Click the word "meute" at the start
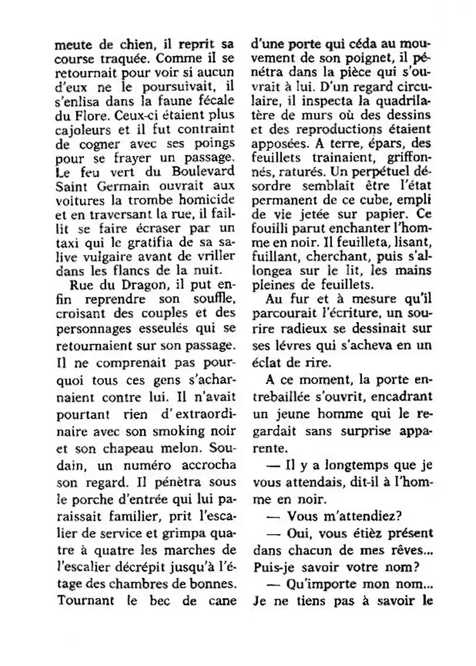(70, 46)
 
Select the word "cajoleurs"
(77, 131)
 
